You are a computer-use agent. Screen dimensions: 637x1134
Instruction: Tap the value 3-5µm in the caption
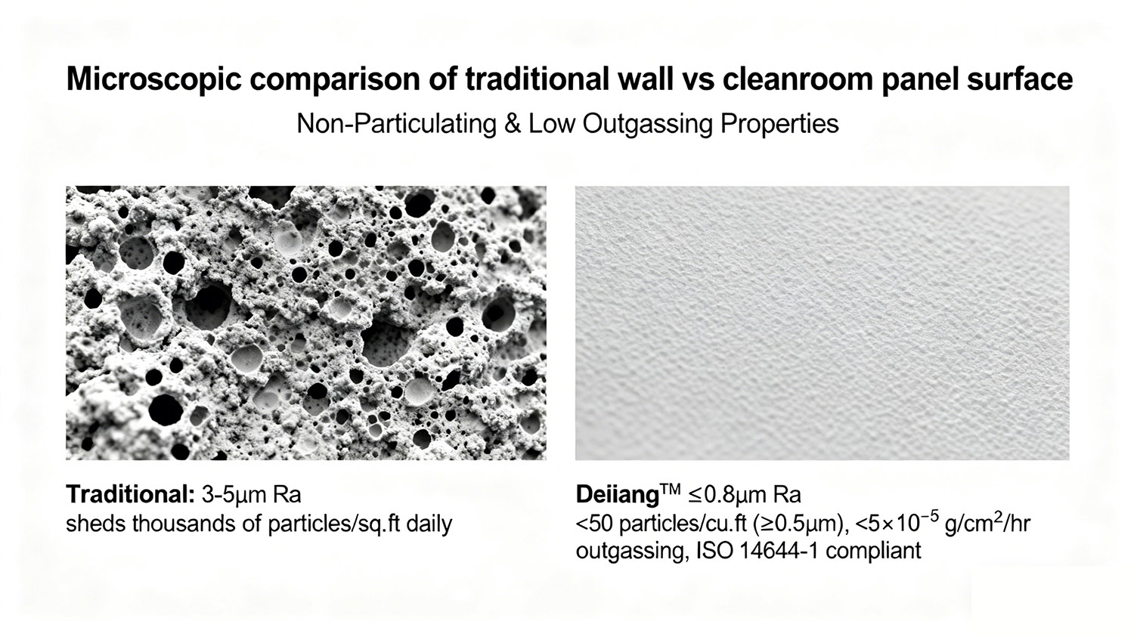[x=231, y=495]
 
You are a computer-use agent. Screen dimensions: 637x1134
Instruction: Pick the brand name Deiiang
[x=617, y=495]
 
